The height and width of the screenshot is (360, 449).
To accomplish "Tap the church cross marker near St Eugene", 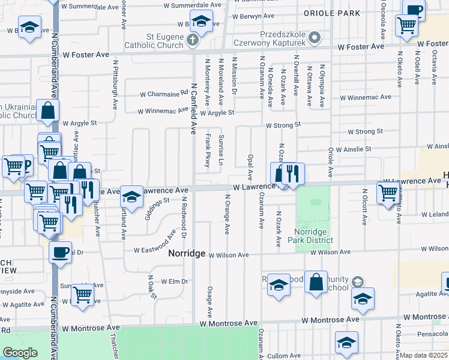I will pyautogui.click(x=192, y=41).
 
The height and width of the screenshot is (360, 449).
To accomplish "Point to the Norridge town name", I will pyautogui.click(x=186, y=254).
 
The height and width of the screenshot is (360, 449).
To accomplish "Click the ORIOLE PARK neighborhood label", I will pyautogui.click(x=331, y=13).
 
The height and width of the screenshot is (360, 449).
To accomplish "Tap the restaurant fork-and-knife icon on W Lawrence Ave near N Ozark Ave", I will pyautogui.click(x=293, y=175).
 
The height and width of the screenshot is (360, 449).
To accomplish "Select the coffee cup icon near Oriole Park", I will pyautogui.click(x=414, y=10).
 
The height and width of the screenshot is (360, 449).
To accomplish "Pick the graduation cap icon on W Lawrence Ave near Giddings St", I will pyautogui.click(x=131, y=197).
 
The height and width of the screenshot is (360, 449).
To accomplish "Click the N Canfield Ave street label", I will pyautogui.click(x=194, y=108).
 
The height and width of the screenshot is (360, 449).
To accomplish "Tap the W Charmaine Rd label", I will pyautogui.click(x=164, y=94).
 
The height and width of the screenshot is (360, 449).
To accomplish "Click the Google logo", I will pyautogui.click(x=20, y=353).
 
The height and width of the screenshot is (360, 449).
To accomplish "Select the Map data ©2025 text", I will pyautogui.click(x=424, y=355).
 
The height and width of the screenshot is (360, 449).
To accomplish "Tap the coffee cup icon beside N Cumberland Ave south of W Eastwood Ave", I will pyautogui.click(x=60, y=253).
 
